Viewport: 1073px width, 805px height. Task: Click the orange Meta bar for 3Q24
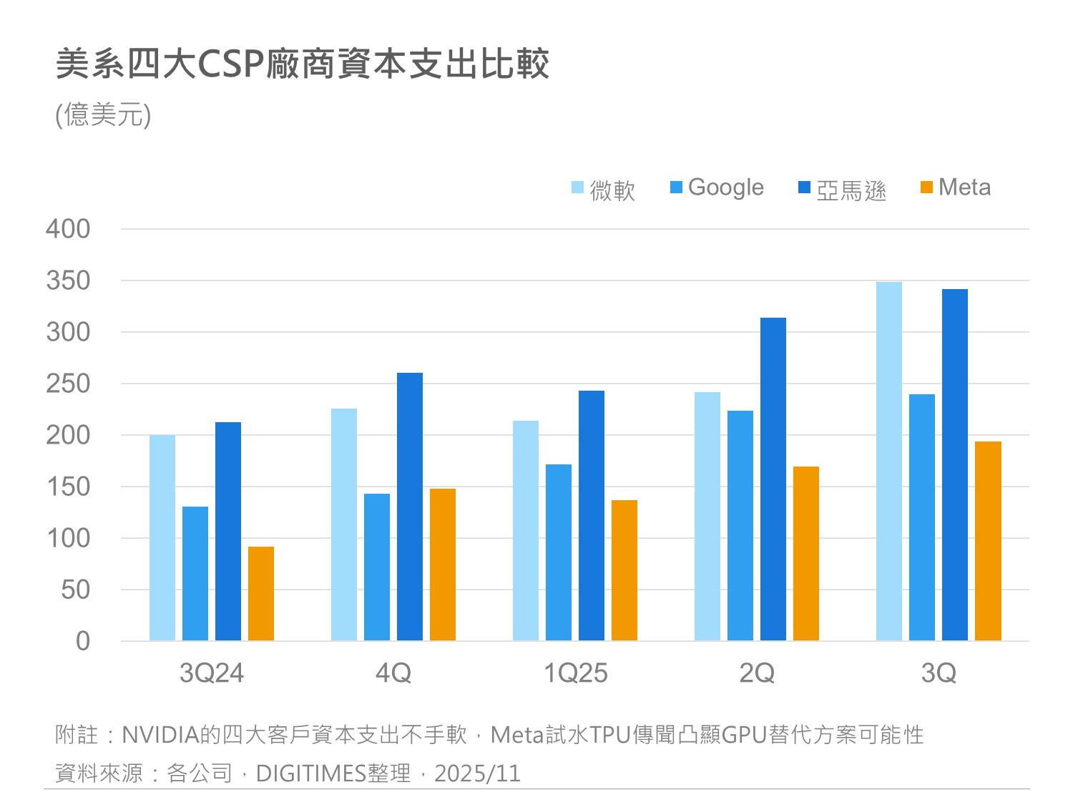click(261, 594)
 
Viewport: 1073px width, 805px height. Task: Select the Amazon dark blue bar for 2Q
click(773, 479)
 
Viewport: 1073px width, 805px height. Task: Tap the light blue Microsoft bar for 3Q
click(889, 462)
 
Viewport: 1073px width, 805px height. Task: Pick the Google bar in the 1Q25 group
click(559, 552)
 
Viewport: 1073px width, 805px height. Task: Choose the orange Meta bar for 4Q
click(443, 565)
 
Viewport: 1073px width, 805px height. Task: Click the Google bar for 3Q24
click(195, 574)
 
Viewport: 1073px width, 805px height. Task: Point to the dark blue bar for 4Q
click(410, 507)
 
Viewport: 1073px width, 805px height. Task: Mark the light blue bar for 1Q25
click(526, 531)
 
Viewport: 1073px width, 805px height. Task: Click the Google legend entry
click(717, 187)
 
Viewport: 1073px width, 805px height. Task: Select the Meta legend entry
click(956, 187)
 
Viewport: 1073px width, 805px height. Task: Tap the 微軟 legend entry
click(604, 189)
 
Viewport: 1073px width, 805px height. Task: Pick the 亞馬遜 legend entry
click(843, 189)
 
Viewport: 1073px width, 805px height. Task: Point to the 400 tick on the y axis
click(68, 229)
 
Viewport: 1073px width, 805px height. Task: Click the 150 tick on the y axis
click(68, 487)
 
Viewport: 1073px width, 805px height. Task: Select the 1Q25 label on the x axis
click(575, 673)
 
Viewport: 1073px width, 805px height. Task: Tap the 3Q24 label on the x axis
click(212, 673)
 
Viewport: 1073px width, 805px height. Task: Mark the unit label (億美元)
click(103, 114)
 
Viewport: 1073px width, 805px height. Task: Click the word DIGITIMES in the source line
click(310, 774)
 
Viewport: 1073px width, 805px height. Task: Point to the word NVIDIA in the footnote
click(160, 735)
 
